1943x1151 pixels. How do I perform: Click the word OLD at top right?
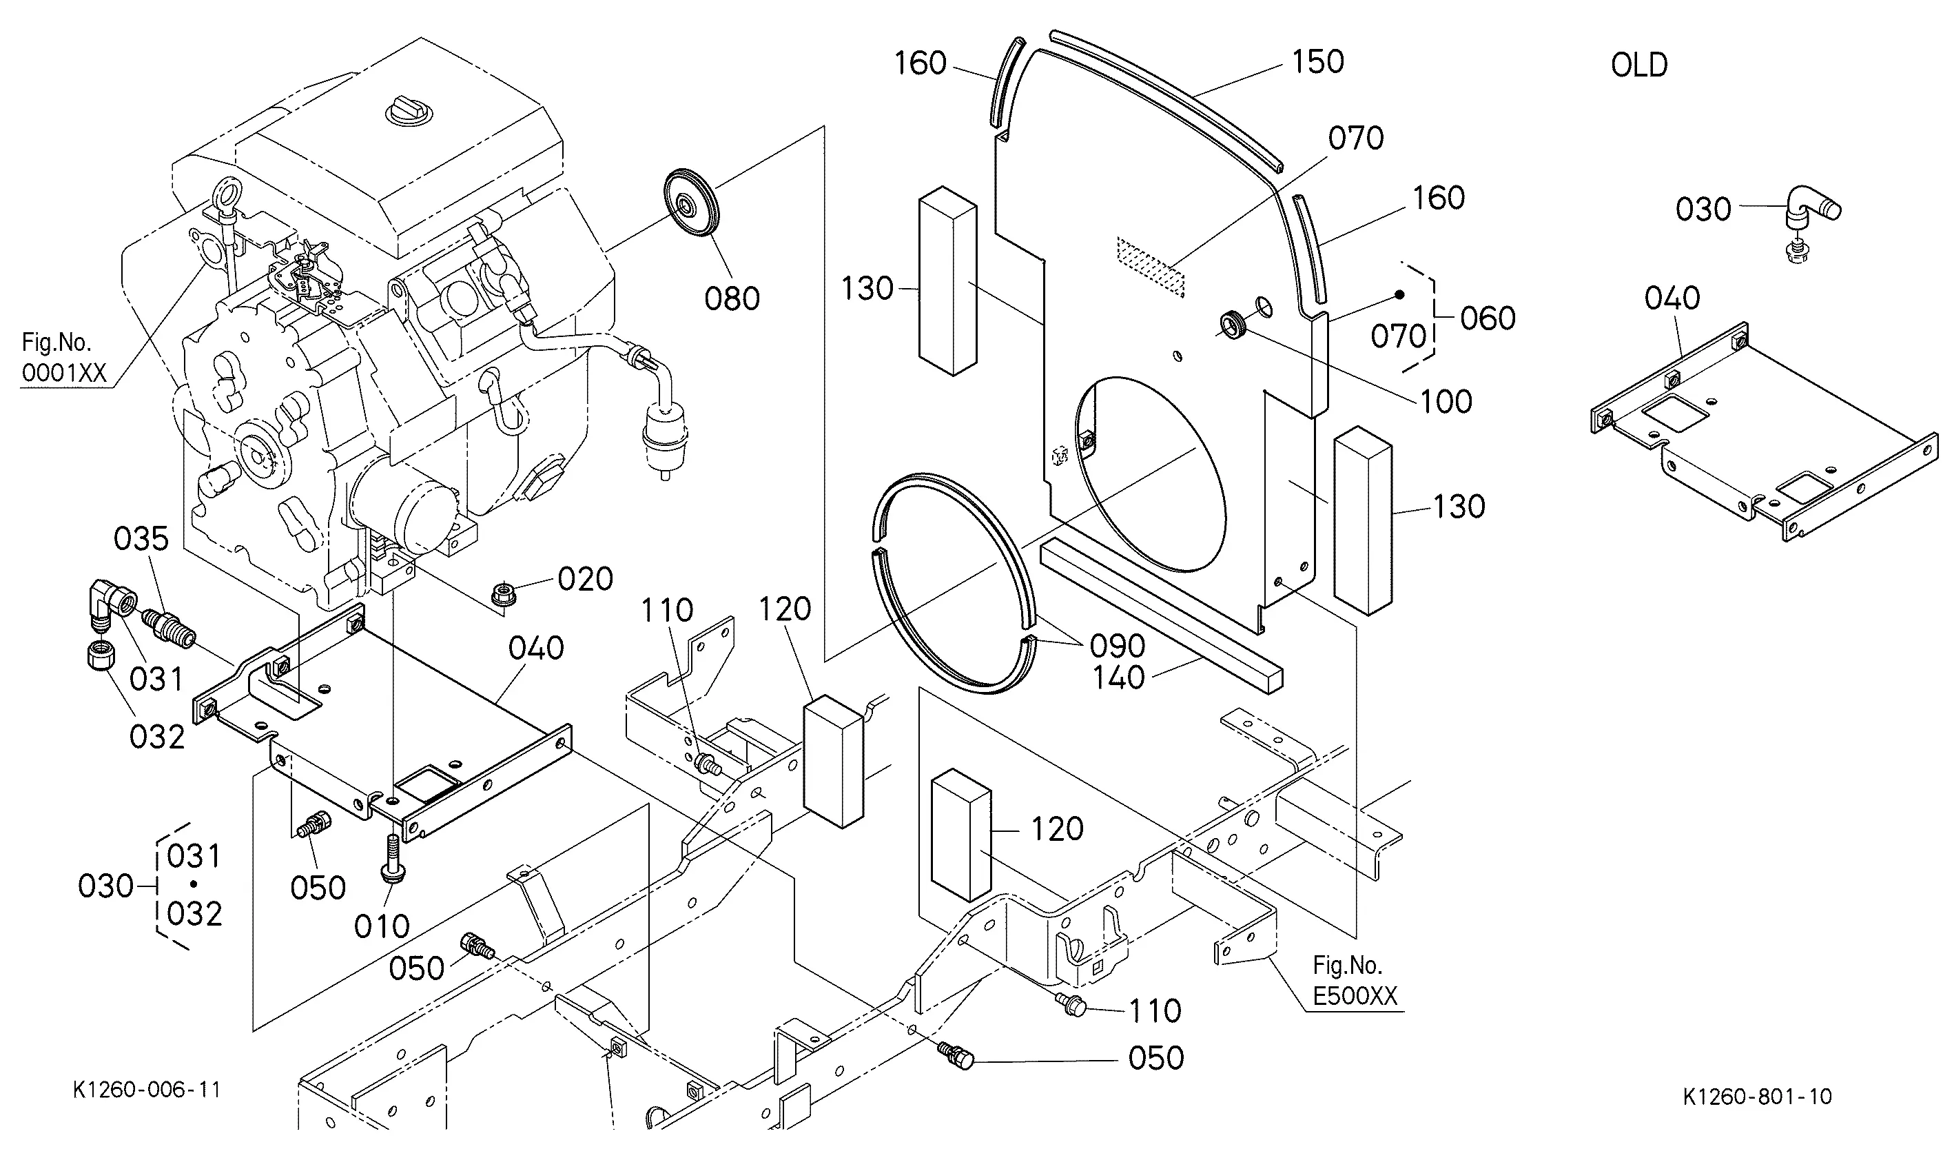point(1639,65)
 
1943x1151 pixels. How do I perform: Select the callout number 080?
point(732,298)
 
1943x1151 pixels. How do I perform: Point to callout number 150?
point(1318,62)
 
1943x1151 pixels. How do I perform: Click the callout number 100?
point(1446,402)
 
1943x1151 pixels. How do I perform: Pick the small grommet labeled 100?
point(1232,323)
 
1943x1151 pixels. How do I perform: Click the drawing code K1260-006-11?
point(147,1090)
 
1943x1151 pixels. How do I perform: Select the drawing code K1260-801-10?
point(1758,1096)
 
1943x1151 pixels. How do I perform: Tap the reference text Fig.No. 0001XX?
point(63,358)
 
